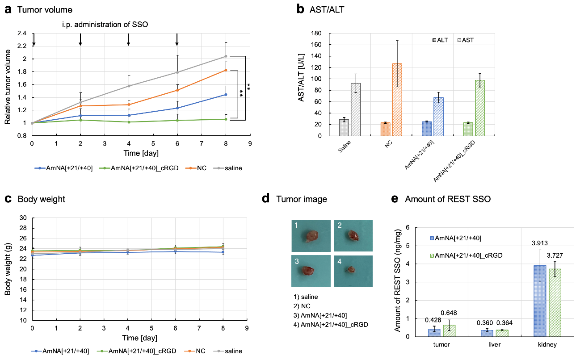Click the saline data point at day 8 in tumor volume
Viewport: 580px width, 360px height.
(226, 56)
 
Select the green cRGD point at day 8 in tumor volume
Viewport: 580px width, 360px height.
(226, 119)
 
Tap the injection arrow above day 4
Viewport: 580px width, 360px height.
(129, 40)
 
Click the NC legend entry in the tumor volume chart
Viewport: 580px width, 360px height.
(201, 168)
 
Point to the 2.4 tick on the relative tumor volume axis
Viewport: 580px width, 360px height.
(21, 33)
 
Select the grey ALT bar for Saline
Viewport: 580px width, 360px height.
(344, 128)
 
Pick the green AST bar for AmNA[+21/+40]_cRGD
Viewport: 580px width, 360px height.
(480, 108)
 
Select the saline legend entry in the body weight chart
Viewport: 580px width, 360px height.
(233, 351)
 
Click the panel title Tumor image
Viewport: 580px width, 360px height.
(301, 199)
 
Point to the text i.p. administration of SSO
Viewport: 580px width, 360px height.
(105, 25)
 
